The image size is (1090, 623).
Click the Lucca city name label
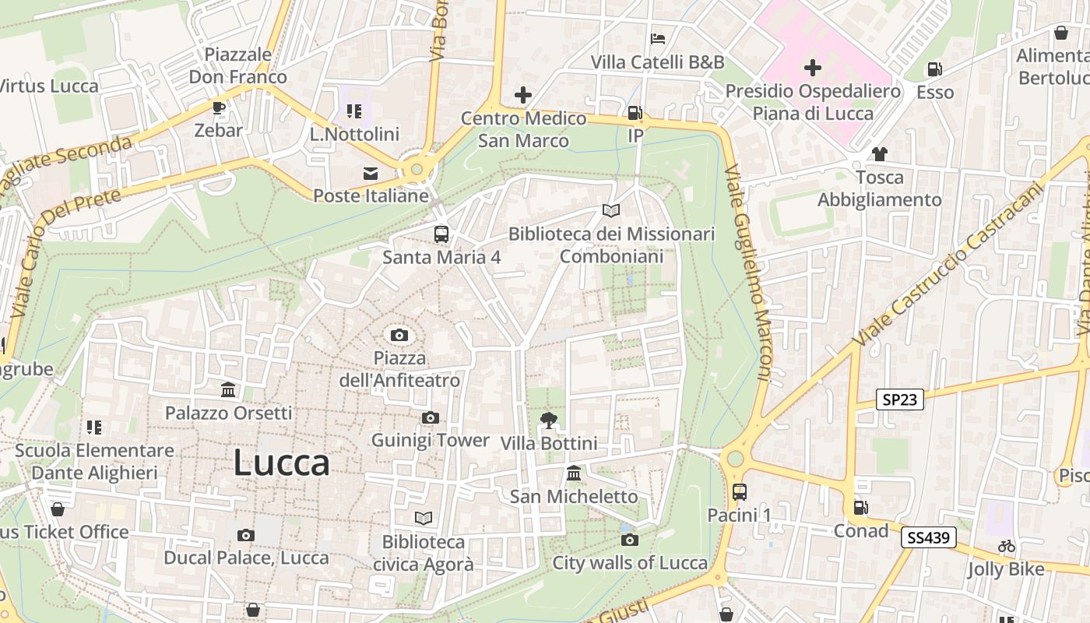[281, 463]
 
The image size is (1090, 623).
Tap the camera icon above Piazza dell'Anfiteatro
[399, 336]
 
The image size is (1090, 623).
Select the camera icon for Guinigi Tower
[430, 418]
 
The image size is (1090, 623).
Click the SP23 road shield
[899, 400]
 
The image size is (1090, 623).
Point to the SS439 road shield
[929, 537]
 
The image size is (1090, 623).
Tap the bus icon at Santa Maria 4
[441, 234]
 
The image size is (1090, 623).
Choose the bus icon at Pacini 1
[739, 492]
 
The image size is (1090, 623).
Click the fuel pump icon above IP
[635, 113]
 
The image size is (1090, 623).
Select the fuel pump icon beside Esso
[935, 69]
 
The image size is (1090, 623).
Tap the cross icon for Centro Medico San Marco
[523, 96]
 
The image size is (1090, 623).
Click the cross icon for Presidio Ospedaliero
[813, 68]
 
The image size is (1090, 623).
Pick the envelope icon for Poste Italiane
[371, 173]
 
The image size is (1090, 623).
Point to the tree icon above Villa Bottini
[549, 421]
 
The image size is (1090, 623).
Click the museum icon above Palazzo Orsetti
[229, 389]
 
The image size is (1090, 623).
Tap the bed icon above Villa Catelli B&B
[658, 38]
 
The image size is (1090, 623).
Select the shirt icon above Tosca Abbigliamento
[879, 154]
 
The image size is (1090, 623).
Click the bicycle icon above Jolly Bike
[1006, 546]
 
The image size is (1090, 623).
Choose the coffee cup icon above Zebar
[219, 107]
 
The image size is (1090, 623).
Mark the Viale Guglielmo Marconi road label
[747, 273]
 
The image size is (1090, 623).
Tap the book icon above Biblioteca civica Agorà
[424, 518]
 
